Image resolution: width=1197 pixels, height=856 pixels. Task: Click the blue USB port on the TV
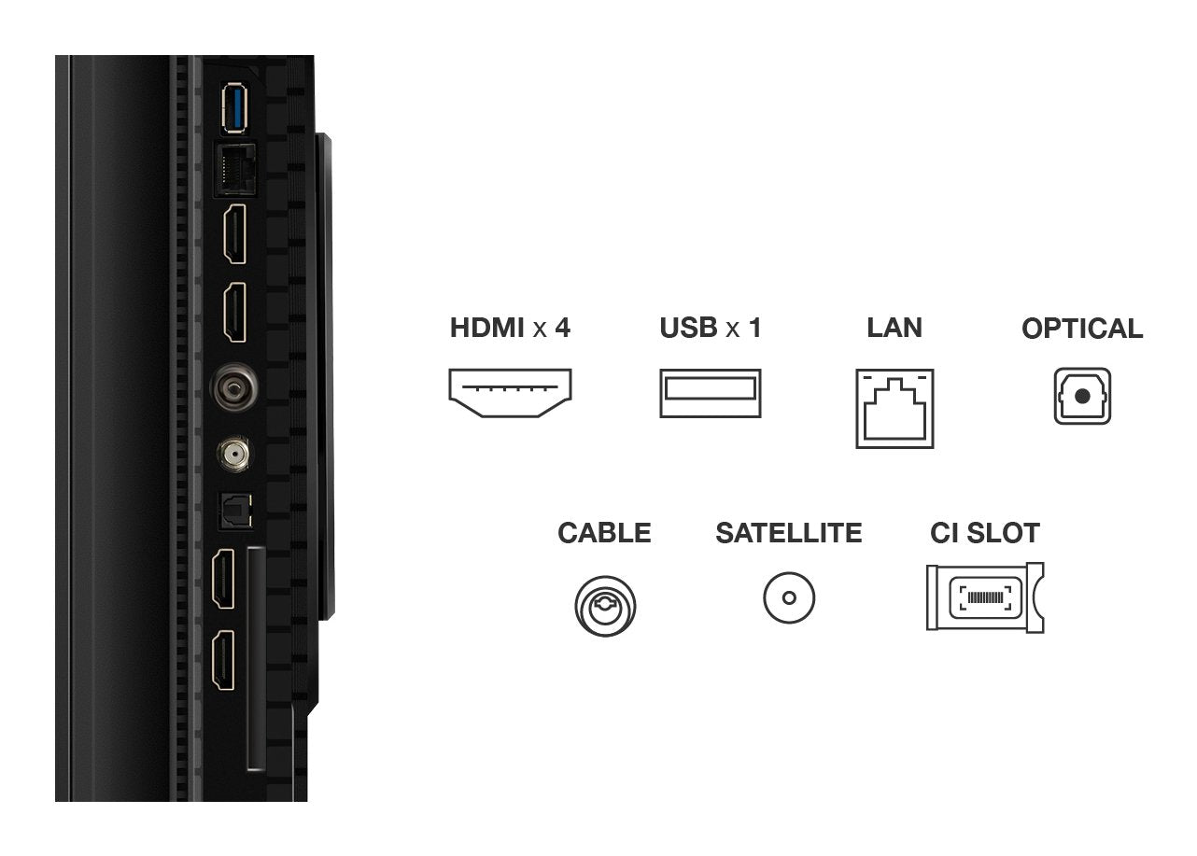tap(232, 109)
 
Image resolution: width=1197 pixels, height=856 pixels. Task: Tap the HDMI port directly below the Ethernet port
tap(233, 234)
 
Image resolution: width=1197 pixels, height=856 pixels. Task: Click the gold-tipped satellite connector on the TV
tap(233, 456)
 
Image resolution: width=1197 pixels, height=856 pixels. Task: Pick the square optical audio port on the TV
tap(234, 509)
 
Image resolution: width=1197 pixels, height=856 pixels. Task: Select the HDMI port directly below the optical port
tap(224, 578)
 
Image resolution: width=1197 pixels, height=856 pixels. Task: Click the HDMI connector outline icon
tap(510, 392)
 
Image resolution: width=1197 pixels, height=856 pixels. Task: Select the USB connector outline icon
tap(710, 393)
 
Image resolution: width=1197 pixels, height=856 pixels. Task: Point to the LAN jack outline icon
tap(894, 409)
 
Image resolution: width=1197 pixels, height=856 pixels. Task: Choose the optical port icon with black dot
tap(1082, 397)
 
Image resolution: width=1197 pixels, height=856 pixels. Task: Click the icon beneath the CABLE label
tap(605, 607)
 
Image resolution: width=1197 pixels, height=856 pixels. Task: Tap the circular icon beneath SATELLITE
tap(789, 597)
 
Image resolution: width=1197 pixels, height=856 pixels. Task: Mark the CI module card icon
tap(984, 597)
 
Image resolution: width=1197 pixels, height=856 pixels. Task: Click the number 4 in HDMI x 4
tap(562, 328)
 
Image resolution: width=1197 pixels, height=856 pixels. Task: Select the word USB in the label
tap(688, 328)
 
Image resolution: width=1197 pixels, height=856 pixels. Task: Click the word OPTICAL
tap(1081, 329)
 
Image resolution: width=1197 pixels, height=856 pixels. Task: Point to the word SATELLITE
tap(788, 533)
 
